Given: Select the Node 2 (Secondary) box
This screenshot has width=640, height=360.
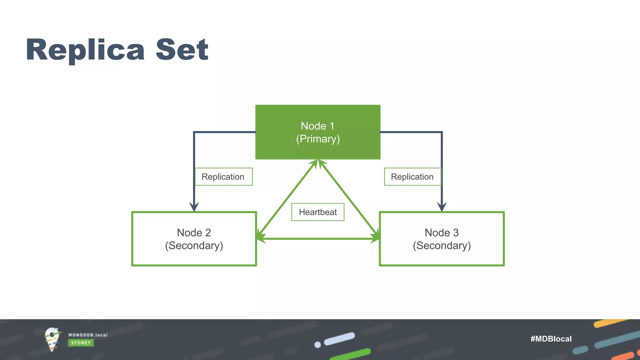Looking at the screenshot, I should pos(194,239).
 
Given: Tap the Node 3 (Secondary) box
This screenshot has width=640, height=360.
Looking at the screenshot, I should pos(442,239).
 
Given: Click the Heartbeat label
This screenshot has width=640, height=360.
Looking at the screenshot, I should pos(318,212).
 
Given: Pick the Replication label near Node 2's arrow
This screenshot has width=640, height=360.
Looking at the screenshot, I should pos(223,177).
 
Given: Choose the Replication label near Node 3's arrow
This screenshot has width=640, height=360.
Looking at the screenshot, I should pos(412,177).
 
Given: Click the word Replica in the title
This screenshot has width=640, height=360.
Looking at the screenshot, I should pos(85,50).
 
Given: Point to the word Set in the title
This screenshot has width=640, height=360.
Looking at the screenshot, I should pos(182,50).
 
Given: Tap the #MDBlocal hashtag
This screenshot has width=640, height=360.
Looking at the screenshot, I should pos(551,339).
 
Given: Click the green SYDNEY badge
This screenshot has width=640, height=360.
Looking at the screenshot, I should pos(81,343).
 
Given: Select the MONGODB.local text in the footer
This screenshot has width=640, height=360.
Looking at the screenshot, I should pos(88,335).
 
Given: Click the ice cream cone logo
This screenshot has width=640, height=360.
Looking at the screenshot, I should pos(52,339).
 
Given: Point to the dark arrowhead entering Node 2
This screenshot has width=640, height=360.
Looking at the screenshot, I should pos(194,207).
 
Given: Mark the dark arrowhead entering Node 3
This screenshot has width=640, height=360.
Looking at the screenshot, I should pos(442,207).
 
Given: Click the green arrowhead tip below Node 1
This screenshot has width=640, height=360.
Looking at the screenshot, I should pos(318,162).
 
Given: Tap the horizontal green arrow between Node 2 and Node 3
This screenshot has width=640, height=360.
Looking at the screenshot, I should pos(318,239).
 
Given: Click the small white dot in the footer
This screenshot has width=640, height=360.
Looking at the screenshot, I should pos(317,345).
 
